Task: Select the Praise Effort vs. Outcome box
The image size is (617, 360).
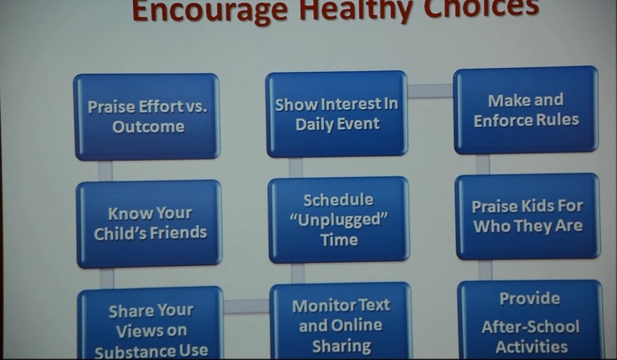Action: [x=146, y=117]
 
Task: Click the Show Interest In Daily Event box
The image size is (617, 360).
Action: [x=336, y=114]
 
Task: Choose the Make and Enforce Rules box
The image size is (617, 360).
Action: [x=526, y=110]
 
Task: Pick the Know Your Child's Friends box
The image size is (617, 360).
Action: [x=150, y=224]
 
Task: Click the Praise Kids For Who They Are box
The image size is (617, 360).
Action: [x=528, y=216]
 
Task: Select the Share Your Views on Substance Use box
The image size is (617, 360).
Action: [x=151, y=323]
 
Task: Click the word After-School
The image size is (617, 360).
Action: [x=530, y=327]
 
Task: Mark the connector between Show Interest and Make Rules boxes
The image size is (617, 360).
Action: [x=431, y=91]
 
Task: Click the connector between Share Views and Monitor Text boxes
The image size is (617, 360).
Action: [x=247, y=307]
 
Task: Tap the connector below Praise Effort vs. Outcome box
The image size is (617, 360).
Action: [x=105, y=171]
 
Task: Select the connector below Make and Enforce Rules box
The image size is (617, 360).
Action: [x=483, y=164]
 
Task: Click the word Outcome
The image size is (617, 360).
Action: [x=148, y=126]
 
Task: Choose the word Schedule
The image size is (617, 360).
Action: [x=338, y=200]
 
